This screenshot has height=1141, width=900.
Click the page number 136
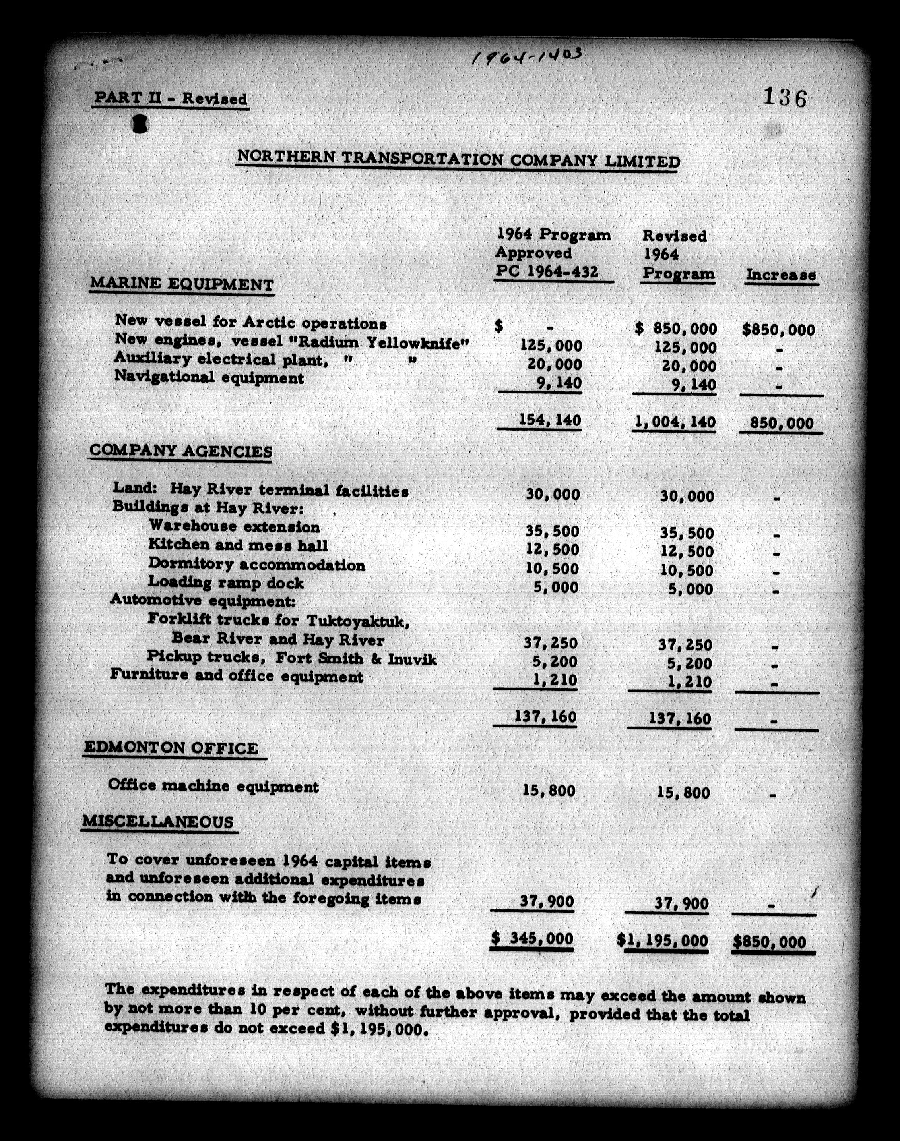click(x=785, y=98)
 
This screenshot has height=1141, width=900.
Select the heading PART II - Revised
click(x=170, y=99)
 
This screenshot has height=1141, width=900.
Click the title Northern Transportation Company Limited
click(x=458, y=159)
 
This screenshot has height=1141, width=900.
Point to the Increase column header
click(x=780, y=275)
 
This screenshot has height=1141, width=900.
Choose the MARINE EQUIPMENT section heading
click(x=182, y=284)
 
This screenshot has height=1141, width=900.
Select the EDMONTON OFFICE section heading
click(x=172, y=748)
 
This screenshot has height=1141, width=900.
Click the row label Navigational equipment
click(x=209, y=377)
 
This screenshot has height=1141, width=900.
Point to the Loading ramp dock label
click(x=225, y=582)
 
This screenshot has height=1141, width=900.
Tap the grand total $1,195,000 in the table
click(x=663, y=940)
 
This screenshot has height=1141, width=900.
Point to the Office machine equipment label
click(x=213, y=786)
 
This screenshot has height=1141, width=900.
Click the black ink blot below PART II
click(x=140, y=124)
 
